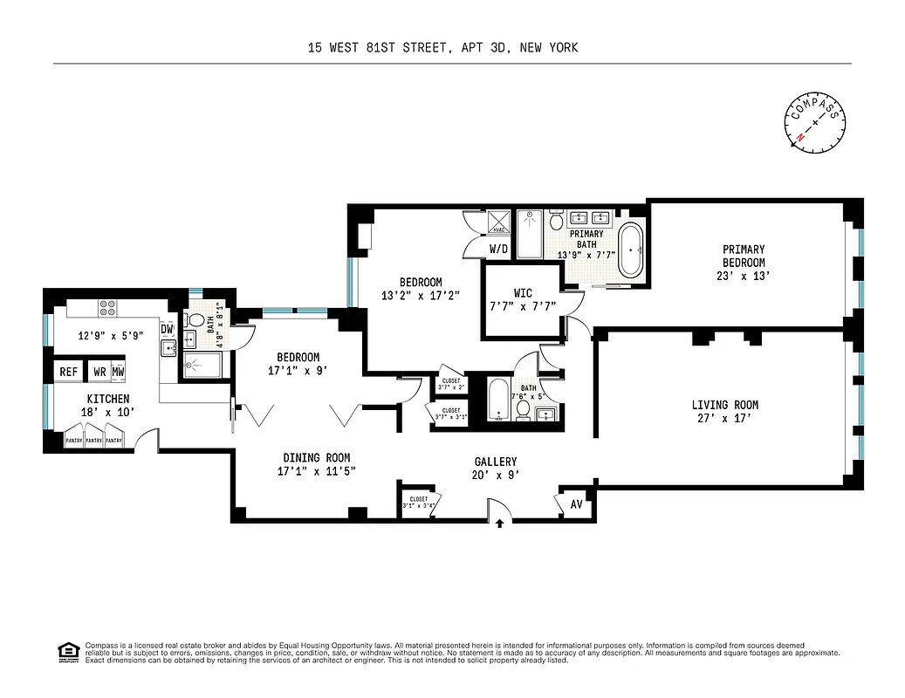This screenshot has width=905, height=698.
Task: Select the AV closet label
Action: (x=576, y=505)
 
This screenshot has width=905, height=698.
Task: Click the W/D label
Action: (x=498, y=249)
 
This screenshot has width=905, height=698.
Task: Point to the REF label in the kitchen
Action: (x=68, y=372)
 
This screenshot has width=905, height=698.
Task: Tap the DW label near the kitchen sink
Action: (x=167, y=329)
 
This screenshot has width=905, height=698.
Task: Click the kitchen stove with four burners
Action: (x=108, y=308)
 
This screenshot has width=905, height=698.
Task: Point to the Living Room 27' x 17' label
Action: (x=724, y=412)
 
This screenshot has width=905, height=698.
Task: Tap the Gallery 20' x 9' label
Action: (x=496, y=469)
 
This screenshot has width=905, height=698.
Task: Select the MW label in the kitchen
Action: (x=117, y=372)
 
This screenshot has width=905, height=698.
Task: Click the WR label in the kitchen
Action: (x=99, y=372)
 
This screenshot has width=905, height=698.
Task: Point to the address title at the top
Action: (x=442, y=48)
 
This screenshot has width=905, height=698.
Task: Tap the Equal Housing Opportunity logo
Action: (x=66, y=651)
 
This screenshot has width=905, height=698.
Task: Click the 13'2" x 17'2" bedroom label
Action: (x=421, y=289)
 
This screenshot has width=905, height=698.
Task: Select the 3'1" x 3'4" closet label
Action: (x=419, y=503)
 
